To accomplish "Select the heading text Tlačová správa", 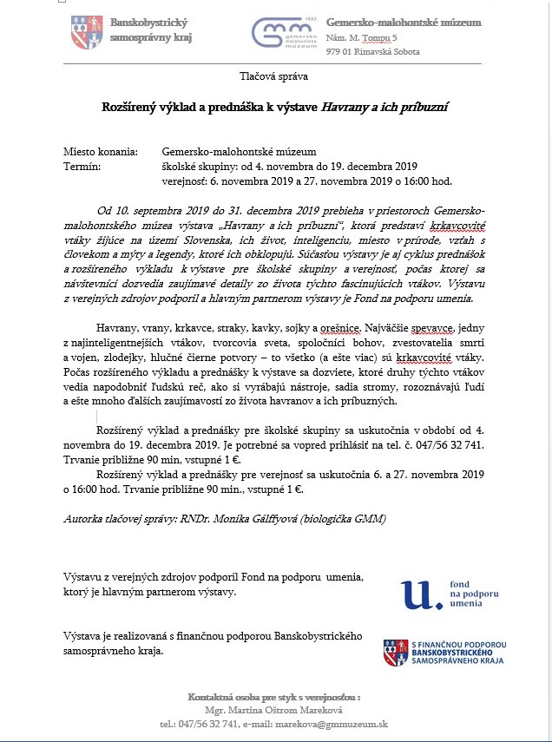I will point(275,76).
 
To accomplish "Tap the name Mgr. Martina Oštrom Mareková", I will point(274,711).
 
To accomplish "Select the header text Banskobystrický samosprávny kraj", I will point(150,30).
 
